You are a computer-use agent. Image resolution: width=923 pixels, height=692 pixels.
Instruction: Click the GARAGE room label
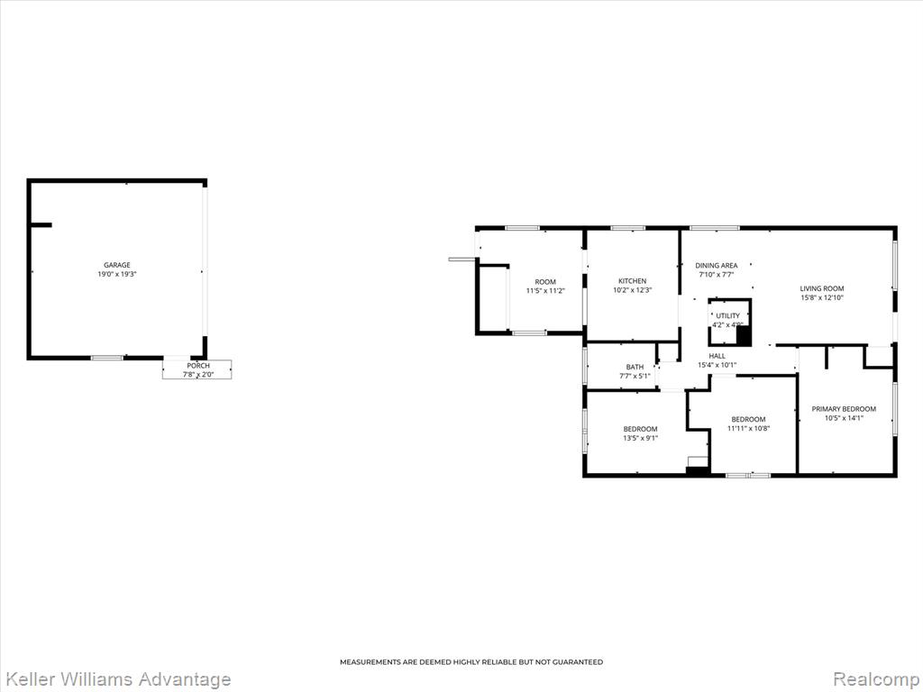click(117, 265)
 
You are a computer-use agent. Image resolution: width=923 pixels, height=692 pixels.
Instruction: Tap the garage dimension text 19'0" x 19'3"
click(117, 274)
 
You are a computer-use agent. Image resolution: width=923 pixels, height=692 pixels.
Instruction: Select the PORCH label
click(198, 366)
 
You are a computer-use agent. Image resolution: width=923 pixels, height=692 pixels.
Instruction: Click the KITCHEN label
click(632, 281)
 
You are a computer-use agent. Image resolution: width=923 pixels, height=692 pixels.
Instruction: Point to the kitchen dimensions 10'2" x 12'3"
click(632, 290)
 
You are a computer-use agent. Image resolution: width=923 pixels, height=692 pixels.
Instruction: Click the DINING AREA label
click(717, 266)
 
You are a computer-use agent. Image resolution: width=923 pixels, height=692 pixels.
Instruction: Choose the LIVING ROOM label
click(822, 288)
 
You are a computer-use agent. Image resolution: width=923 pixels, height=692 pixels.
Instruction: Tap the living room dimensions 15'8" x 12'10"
click(822, 297)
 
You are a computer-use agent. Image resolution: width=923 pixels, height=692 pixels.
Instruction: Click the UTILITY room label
click(728, 316)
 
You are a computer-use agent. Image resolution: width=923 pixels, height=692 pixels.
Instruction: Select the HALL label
click(717, 356)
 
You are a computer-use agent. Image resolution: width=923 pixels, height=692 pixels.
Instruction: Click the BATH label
click(635, 367)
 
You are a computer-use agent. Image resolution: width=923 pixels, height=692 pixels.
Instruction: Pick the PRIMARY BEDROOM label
click(844, 409)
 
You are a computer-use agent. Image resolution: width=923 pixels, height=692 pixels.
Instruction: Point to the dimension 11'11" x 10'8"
click(749, 428)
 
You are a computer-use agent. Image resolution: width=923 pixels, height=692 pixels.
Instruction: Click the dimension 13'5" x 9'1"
click(641, 439)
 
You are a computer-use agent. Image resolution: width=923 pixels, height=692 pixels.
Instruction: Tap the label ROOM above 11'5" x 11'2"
click(545, 282)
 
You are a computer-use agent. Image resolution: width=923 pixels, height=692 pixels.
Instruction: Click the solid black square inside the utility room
click(744, 336)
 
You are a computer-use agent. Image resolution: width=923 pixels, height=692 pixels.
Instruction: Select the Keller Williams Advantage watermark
click(116, 679)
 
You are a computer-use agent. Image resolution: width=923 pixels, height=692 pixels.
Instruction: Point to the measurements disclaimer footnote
click(471, 662)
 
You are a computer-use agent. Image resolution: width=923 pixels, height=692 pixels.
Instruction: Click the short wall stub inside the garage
click(41, 224)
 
